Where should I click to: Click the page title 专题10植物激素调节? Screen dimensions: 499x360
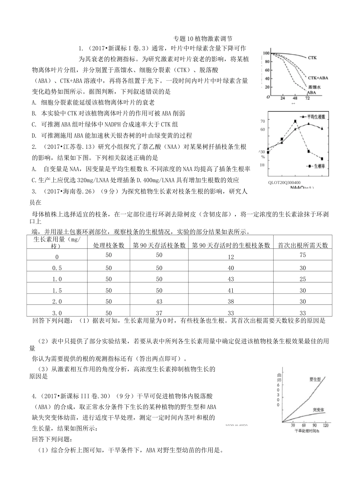202,39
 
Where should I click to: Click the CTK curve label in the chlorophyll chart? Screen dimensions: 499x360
312,58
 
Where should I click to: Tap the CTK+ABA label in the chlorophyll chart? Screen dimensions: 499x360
318,78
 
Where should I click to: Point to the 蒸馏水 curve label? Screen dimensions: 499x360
314,87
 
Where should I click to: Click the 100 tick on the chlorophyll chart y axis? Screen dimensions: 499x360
266,53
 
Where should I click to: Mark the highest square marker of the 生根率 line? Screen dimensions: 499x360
295,122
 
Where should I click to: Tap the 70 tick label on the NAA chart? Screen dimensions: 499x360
263,121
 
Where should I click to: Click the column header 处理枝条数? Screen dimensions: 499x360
109,245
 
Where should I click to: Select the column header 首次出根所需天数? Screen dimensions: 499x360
302,245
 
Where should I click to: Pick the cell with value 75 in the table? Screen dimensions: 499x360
302,255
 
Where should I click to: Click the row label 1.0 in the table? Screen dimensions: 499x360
57,279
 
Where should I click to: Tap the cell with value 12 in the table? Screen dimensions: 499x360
231,257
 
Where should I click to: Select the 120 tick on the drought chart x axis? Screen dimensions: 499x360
325,426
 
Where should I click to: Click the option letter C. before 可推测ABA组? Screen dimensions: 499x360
34,124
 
